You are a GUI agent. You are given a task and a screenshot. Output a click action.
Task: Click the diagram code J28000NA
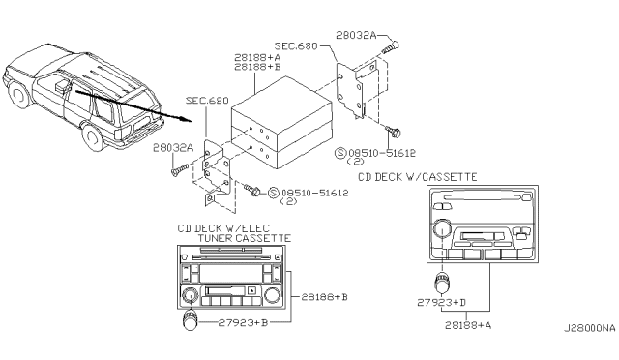click(590, 328)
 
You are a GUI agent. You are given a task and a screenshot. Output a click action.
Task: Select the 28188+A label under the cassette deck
click(468, 325)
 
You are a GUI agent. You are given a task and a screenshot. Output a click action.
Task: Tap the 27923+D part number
click(442, 303)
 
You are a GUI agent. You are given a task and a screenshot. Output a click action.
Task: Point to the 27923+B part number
click(243, 323)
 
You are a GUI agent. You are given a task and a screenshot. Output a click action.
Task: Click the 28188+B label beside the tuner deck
click(325, 297)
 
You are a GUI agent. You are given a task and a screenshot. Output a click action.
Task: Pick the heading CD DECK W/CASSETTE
click(418, 177)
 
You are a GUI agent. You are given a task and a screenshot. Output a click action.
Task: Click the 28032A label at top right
click(356, 35)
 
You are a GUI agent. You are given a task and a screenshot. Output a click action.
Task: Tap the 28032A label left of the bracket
click(173, 148)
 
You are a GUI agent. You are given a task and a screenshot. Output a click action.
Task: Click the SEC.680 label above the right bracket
click(296, 46)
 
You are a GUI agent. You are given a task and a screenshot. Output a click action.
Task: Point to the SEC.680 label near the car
click(207, 101)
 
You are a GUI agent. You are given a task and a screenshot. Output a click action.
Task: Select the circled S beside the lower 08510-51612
click(273, 193)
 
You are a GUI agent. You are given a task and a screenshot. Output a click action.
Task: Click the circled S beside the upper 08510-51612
click(340, 153)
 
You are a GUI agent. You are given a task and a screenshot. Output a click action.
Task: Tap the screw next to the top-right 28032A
click(391, 48)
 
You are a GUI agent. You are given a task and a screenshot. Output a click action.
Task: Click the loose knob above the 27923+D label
click(442, 283)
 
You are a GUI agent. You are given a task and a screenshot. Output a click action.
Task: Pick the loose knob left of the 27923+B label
click(191, 320)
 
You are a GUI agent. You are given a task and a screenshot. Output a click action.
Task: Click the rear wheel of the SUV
click(93, 137)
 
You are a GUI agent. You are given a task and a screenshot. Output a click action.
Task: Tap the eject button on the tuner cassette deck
click(251, 291)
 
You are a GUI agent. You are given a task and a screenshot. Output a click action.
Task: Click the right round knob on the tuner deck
click(272, 295)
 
